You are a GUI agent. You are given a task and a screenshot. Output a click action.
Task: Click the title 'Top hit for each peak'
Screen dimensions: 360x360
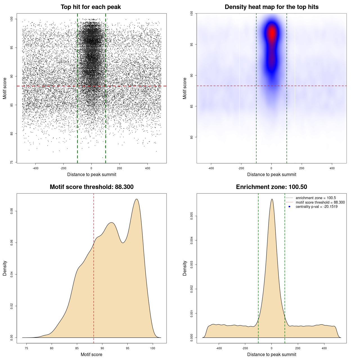click(x=91, y=7)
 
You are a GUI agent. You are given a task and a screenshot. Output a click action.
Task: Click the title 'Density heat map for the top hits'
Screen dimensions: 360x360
click(x=271, y=7)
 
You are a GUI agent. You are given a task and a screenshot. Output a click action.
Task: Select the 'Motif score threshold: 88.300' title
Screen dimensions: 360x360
click(x=91, y=187)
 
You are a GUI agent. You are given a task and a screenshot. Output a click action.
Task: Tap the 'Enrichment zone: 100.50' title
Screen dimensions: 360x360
click(x=271, y=187)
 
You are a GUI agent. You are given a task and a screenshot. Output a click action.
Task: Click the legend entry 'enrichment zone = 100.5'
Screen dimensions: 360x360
click(x=316, y=198)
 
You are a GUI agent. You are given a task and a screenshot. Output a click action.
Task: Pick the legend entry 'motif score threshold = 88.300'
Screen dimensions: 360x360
click(x=320, y=202)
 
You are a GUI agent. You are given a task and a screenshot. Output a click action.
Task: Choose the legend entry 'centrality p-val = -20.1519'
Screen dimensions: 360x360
click(x=316, y=207)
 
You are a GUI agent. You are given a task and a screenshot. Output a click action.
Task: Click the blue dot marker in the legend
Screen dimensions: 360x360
click(x=289, y=207)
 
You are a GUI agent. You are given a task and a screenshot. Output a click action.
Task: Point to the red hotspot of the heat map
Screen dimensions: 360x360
click(x=272, y=33)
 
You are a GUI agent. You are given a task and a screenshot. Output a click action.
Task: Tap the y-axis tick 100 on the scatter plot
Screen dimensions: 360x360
click(x=12, y=19)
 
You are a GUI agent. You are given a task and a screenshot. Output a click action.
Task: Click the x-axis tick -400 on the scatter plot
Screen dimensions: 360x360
click(x=35, y=168)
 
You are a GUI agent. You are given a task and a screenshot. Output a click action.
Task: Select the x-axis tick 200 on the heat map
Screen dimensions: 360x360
click(x=302, y=168)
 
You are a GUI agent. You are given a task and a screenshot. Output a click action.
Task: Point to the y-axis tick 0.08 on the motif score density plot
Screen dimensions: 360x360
click(x=12, y=211)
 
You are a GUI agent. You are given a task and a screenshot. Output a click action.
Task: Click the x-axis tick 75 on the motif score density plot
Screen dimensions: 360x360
click(x=26, y=348)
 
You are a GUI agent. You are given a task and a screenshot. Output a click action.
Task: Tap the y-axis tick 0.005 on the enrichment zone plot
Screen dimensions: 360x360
click(x=192, y=216)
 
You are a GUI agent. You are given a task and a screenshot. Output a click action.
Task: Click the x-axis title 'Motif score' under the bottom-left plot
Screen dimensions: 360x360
click(x=91, y=354)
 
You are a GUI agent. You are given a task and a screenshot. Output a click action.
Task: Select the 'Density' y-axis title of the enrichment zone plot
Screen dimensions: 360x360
click(x=185, y=268)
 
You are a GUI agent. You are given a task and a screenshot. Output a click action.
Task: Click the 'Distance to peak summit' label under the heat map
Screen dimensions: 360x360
click(x=271, y=174)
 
